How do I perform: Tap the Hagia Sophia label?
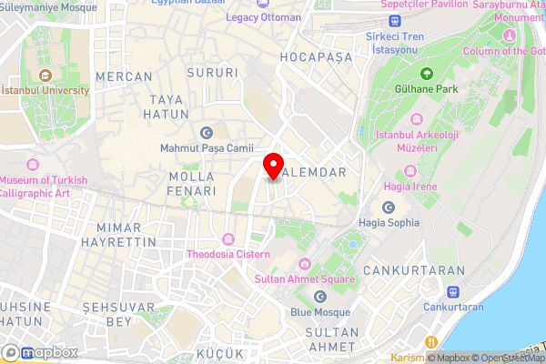[389, 222]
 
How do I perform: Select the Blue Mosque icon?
[319, 298]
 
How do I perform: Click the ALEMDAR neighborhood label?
[312, 171]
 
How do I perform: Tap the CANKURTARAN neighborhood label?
[413, 271]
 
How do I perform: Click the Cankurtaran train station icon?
[452, 291]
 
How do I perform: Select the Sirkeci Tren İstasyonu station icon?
[394, 20]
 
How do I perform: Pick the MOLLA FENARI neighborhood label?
[192, 184]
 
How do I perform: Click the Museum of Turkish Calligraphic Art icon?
[35, 165]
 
